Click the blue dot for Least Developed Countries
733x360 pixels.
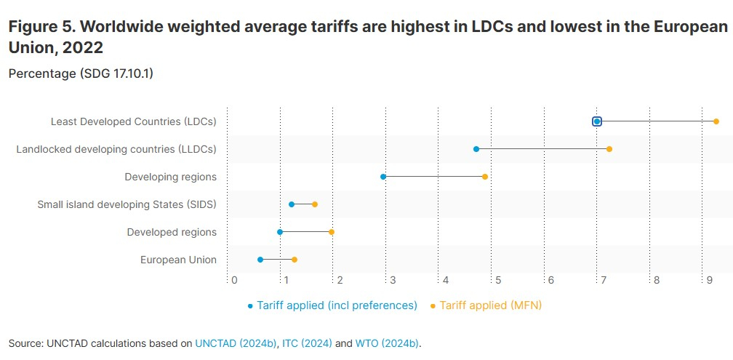coord(597,121)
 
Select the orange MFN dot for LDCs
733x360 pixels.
coord(716,121)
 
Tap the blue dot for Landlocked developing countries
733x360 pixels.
coord(476,149)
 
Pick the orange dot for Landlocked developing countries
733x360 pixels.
coord(609,149)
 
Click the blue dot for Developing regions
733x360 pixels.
coord(383,177)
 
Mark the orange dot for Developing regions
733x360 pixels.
coord(485,177)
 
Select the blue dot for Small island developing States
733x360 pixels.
coord(292,204)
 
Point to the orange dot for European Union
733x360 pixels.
coord(295,260)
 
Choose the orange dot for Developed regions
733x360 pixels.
coord(332,232)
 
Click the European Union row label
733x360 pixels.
coord(178,260)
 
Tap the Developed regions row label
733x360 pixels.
coord(172,232)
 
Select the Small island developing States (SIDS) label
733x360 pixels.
coord(127,204)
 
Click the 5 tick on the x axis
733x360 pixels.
coord(498,280)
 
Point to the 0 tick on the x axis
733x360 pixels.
coord(234,280)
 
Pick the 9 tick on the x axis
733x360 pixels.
coord(709,280)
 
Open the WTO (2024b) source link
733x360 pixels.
coord(387,343)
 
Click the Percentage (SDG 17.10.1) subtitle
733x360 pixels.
coord(81,73)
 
